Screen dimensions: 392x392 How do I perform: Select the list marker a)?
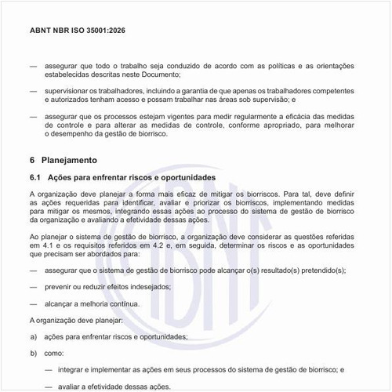click(33, 336)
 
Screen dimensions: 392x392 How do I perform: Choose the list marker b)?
click(33, 353)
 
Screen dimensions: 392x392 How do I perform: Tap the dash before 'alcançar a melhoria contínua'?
click(33, 303)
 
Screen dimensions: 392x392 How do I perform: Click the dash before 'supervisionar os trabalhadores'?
click(33, 91)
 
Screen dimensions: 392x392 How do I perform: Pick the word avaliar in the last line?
click(69, 386)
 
